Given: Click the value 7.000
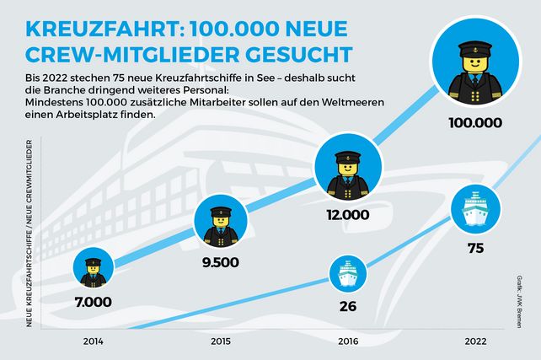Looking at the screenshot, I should [94, 301].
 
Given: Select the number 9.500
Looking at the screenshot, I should [221, 261].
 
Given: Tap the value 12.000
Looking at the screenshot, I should [347, 214].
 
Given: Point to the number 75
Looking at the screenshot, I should [474, 249].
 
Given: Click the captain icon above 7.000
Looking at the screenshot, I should [93, 266].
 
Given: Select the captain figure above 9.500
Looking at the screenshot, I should [220, 222].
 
